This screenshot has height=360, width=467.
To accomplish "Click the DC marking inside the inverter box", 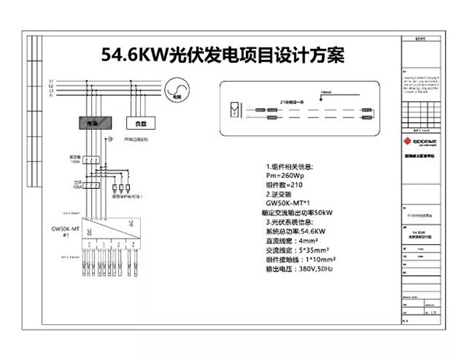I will pyautogui.click(x=90, y=230).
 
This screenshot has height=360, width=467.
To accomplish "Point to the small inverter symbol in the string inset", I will pyautogui.click(x=232, y=107).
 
